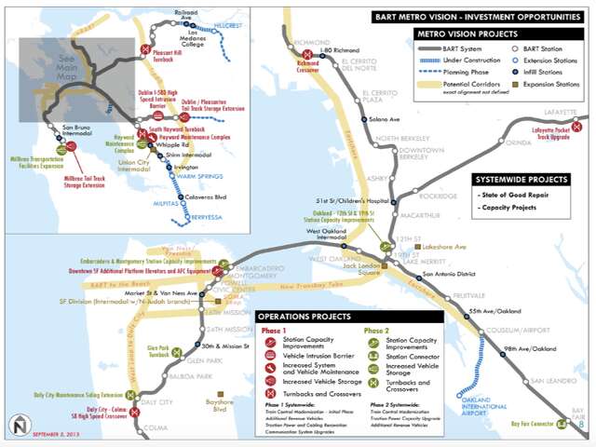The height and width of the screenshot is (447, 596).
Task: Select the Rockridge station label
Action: (439, 196)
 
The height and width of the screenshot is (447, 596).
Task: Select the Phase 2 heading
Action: (378, 331)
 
